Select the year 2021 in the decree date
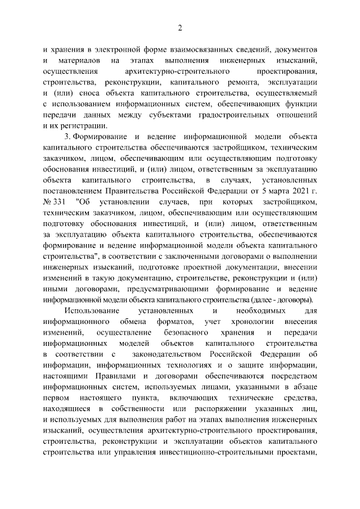pos(299,191)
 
